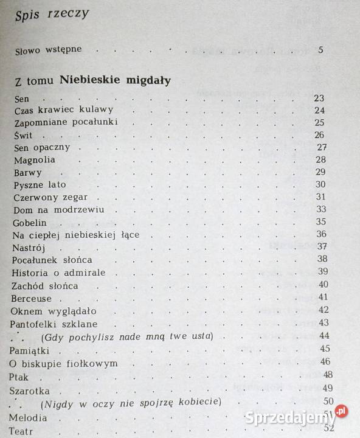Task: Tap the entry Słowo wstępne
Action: pos(48,50)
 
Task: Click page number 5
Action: pos(320,49)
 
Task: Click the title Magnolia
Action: pos(33,159)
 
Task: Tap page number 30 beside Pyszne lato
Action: pos(320,184)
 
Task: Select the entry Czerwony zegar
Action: pos(50,197)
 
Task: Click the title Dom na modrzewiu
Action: pos(58,210)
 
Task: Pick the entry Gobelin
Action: pos(30,222)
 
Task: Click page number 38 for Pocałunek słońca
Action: pos(322,258)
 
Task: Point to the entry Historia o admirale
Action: pos(58,272)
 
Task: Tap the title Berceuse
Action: pos(32,297)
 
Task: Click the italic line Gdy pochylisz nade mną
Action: pos(126,336)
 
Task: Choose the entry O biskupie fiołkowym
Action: pos(64,363)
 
